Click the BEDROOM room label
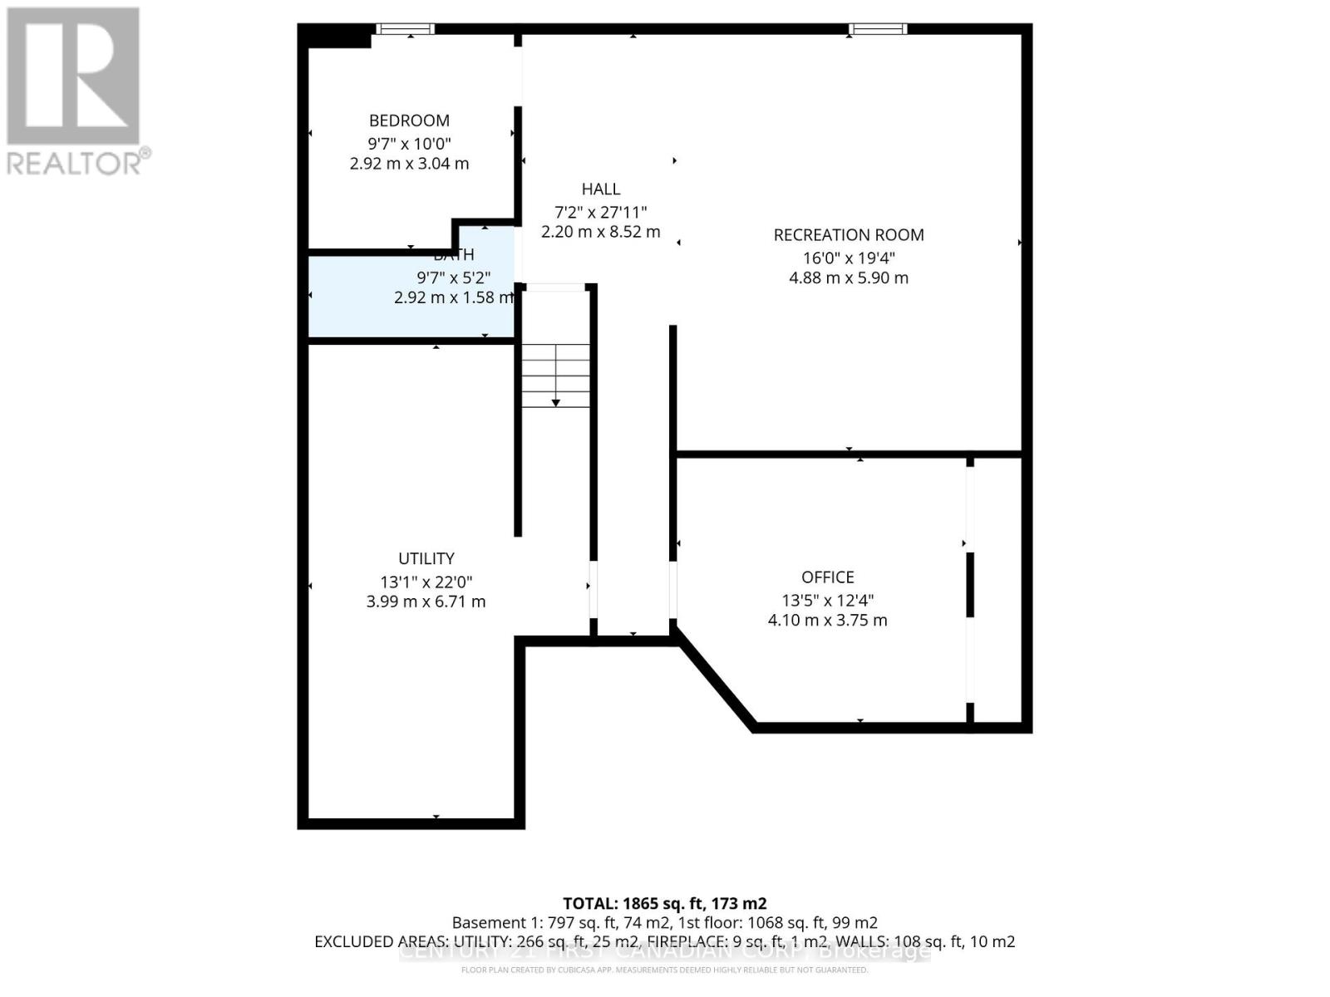409,120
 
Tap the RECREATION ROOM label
848,235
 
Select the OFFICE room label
827,577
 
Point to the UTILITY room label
426,559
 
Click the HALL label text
600,189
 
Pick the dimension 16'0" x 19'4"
848,258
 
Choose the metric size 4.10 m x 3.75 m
827,621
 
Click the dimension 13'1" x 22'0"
426,582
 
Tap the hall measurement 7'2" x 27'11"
600,212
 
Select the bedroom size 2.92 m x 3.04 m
409,164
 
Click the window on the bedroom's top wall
405,29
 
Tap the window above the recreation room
877,29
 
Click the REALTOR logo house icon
73,76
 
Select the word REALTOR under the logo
75,163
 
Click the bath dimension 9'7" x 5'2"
453,277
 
